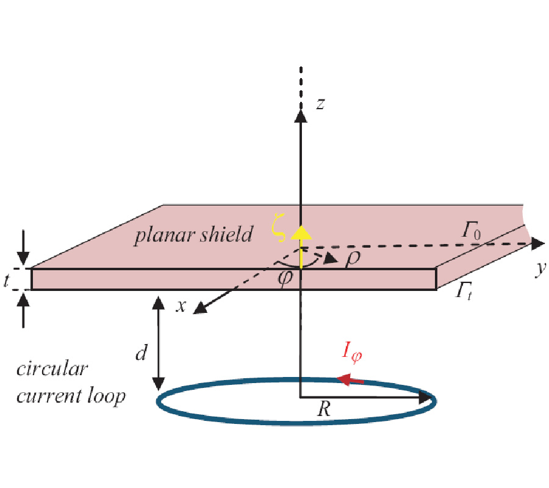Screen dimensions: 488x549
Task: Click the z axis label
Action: (320, 104)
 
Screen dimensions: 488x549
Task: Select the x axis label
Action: (181, 306)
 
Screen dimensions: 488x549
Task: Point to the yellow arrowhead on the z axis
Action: (300, 232)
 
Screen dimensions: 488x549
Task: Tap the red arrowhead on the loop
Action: (346, 379)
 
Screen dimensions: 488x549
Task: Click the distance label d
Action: (142, 353)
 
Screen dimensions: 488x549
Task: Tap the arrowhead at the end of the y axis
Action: (537, 243)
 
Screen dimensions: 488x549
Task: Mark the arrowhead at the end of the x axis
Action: (199, 310)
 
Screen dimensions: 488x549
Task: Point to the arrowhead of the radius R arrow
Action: (429, 398)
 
